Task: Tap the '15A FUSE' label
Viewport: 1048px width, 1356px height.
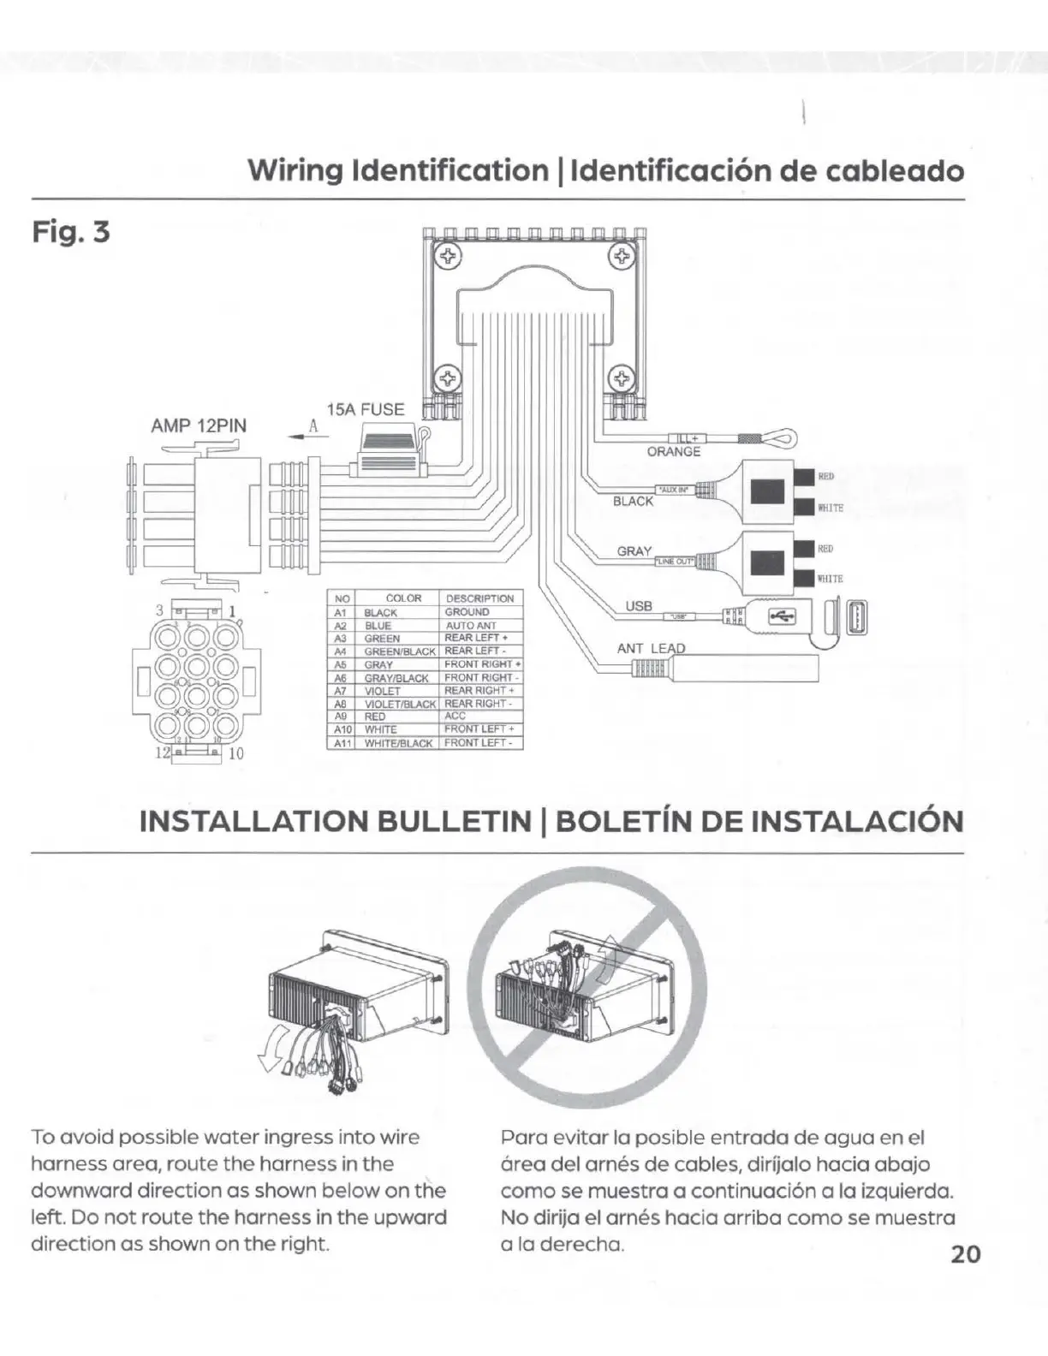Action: (x=365, y=409)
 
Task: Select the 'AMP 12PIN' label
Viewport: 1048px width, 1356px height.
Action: (x=199, y=425)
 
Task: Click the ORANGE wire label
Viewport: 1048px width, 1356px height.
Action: (x=674, y=452)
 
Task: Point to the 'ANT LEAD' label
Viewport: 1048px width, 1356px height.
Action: (x=652, y=648)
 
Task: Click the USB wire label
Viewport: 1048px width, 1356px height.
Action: (x=639, y=606)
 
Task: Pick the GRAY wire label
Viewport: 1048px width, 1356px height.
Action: (x=634, y=551)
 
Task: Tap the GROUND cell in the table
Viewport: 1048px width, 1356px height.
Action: (x=467, y=612)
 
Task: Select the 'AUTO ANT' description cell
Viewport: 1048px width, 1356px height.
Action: (x=471, y=626)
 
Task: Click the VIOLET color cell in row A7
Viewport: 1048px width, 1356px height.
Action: (x=382, y=691)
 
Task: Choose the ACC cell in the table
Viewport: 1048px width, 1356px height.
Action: (x=456, y=716)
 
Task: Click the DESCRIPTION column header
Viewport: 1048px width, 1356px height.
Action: (x=480, y=598)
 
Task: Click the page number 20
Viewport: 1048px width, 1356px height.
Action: (x=965, y=1254)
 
